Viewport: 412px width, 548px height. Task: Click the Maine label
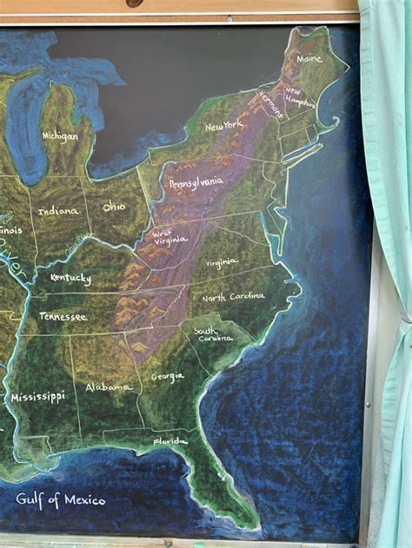point(309,59)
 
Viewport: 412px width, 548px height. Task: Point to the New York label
point(224,127)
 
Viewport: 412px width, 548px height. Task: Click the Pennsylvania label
point(196,183)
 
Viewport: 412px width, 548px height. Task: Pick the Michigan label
point(60,136)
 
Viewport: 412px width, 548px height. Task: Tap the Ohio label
point(114,208)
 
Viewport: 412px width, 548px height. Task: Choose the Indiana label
point(57,210)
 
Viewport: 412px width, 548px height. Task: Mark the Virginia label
point(221,261)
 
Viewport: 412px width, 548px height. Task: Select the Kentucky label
point(70,278)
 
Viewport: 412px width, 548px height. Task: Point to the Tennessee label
point(63,317)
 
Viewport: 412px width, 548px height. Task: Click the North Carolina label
point(233,297)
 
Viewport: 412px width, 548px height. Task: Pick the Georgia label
point(167,376)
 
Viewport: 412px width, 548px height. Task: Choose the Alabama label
point(109,386)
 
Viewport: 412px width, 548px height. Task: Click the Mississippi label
point(37,397)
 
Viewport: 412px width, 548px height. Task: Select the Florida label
point(170,442)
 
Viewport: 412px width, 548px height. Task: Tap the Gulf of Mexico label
point(61,499)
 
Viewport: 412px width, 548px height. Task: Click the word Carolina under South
point(216,339)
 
